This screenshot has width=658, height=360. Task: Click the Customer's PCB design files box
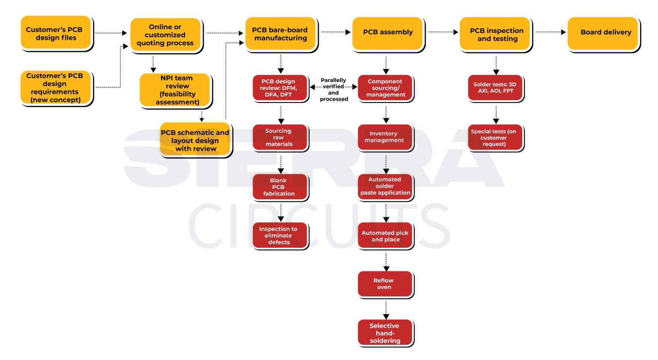(x=56, y=33)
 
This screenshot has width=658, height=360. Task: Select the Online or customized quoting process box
(x=165, y=35)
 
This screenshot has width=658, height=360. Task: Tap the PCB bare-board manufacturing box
(x=281, y=34)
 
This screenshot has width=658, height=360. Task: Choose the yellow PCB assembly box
(x=388, y=33)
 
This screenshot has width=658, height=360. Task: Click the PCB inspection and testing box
(x=496, y=34)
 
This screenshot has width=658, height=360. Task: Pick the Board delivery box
(x=604, y=33)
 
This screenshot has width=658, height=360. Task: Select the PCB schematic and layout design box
(x=195, y=141)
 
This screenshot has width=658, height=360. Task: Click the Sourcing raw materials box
(x=280, y=138)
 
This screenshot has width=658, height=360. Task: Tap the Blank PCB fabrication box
(x=280, y=187)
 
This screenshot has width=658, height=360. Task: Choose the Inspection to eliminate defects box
(x=280, y=235)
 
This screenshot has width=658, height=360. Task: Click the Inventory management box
(x=385, y=137)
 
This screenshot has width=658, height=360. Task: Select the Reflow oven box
(x=385, y=284)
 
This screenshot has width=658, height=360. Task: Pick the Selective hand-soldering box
(x=385, y=333)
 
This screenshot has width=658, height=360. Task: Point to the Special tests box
(x=495, y=138)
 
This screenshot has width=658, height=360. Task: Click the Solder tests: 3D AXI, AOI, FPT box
(x=495, y=88)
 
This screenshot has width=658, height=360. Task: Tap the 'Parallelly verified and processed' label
(x=334, y=90)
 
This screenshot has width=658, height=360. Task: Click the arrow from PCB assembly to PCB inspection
(x=443, y=32)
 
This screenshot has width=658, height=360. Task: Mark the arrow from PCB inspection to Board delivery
(x=550, y=32)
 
